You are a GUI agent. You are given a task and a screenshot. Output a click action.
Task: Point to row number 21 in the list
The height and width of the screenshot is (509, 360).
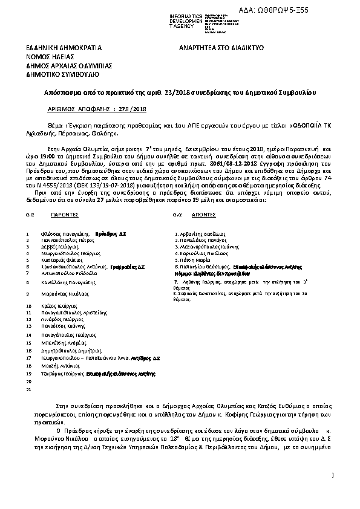28,390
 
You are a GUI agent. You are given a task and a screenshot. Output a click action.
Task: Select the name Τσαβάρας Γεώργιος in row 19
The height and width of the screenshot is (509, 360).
63,374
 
